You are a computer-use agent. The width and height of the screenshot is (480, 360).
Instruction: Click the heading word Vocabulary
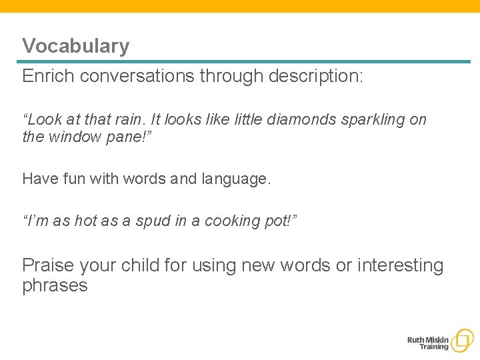[75, 46]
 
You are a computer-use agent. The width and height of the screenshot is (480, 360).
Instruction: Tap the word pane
[117, 138]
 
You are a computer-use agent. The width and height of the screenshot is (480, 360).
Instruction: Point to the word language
[236, 179]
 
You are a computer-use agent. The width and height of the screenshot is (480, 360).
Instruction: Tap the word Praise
[48, 265]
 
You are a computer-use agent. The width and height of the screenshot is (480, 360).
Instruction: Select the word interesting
[400, 265]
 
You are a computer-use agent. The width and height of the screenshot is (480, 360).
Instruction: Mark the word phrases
[55, 285]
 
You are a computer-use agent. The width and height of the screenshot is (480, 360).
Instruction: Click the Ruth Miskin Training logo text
[428, 343]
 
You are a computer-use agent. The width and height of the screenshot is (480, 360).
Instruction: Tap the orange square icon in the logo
[462, 341]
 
